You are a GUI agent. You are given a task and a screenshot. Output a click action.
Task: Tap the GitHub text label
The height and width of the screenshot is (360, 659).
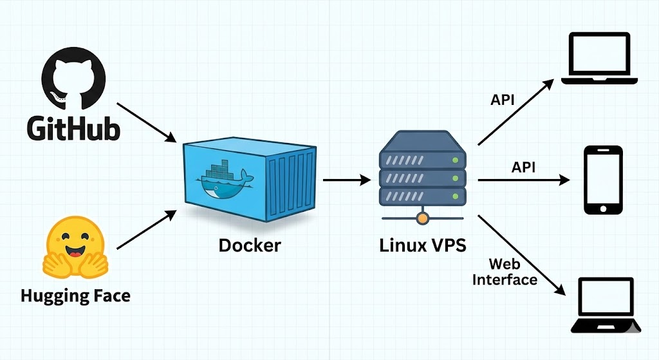tap(73, 128)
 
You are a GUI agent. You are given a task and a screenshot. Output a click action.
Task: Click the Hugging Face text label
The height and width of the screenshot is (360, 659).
tap(75, 296)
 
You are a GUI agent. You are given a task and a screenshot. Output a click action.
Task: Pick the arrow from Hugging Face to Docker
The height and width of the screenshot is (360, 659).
tap(146, 229)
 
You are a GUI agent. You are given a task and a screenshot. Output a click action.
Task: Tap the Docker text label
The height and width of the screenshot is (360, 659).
tap(250, 245)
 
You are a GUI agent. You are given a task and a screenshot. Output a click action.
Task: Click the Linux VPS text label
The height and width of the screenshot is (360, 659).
tap(422, 245)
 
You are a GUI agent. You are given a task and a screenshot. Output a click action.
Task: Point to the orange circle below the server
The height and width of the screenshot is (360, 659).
tap(422, 219)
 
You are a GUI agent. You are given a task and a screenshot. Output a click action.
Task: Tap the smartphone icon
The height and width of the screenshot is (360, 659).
tap(602, 180)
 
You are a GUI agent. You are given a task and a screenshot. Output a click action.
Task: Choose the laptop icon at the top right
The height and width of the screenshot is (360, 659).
tap(599, 59)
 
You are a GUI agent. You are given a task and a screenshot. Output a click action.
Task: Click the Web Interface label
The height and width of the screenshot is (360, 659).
tap(505, 272)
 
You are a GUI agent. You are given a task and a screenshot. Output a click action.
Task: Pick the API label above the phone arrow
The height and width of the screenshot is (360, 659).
tap(524, 167)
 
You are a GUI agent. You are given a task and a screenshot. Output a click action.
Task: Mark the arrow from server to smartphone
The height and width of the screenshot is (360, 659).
tap(523, 180)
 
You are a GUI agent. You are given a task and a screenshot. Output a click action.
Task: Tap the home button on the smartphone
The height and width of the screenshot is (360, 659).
tap(602, 208)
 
